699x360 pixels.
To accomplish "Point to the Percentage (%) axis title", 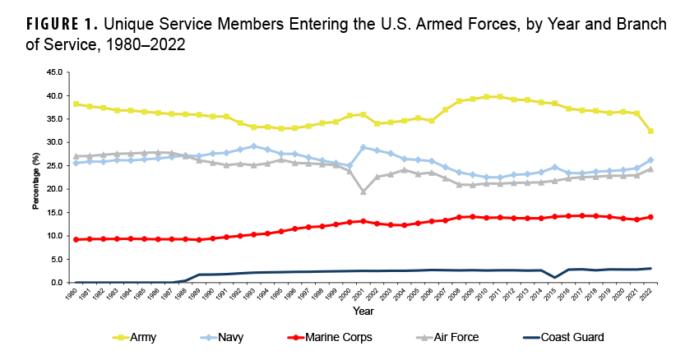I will coord(35,178).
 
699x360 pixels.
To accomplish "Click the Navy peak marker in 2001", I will coord(363,147).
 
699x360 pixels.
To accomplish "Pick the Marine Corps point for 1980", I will coord(76,239).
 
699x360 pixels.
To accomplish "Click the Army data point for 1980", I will coord(76,104).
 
